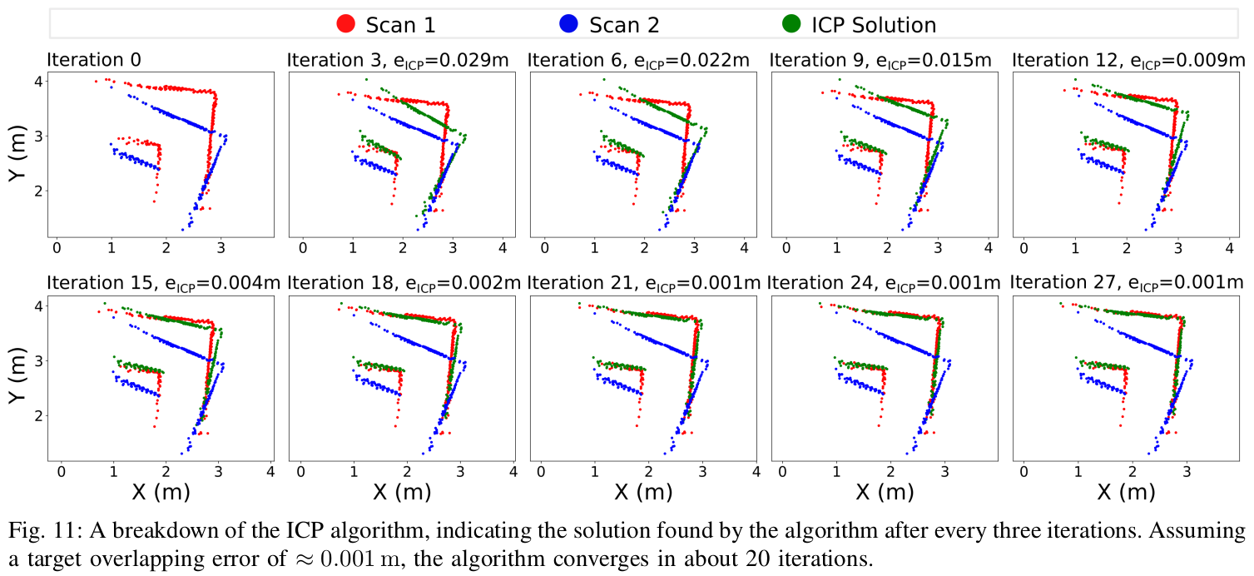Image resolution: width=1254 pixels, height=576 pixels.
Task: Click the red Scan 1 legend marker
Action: pos(346,24)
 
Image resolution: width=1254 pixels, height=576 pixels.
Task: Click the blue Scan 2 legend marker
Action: pos(569,24)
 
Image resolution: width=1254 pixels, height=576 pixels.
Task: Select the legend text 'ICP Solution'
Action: pos(874,25)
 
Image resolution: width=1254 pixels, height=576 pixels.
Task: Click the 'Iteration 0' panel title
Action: pos(94,60)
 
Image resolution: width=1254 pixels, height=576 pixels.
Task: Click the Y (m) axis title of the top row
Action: pos(19,155)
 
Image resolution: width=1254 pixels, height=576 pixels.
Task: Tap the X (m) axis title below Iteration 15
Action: pos(161,492)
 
